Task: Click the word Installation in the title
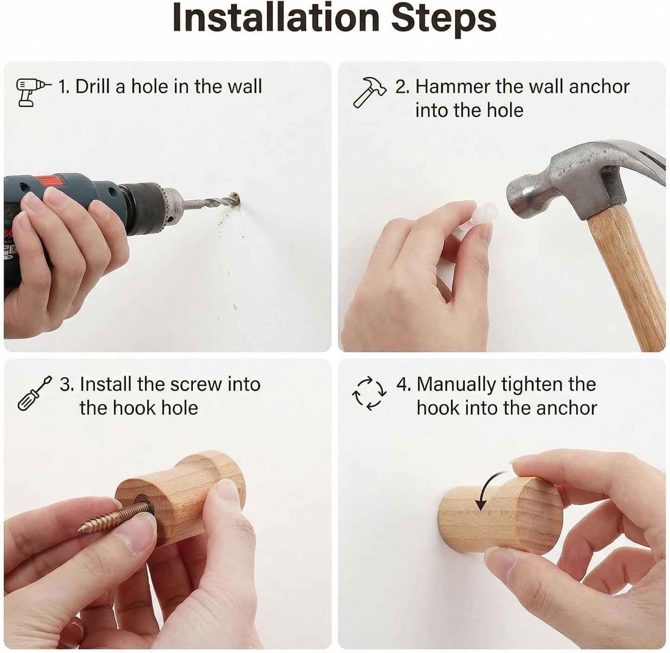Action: click(276, 18)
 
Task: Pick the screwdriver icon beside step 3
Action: click(34, 393)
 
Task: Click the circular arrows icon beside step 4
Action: click(369, 393)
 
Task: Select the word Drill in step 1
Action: click(93, 86)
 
